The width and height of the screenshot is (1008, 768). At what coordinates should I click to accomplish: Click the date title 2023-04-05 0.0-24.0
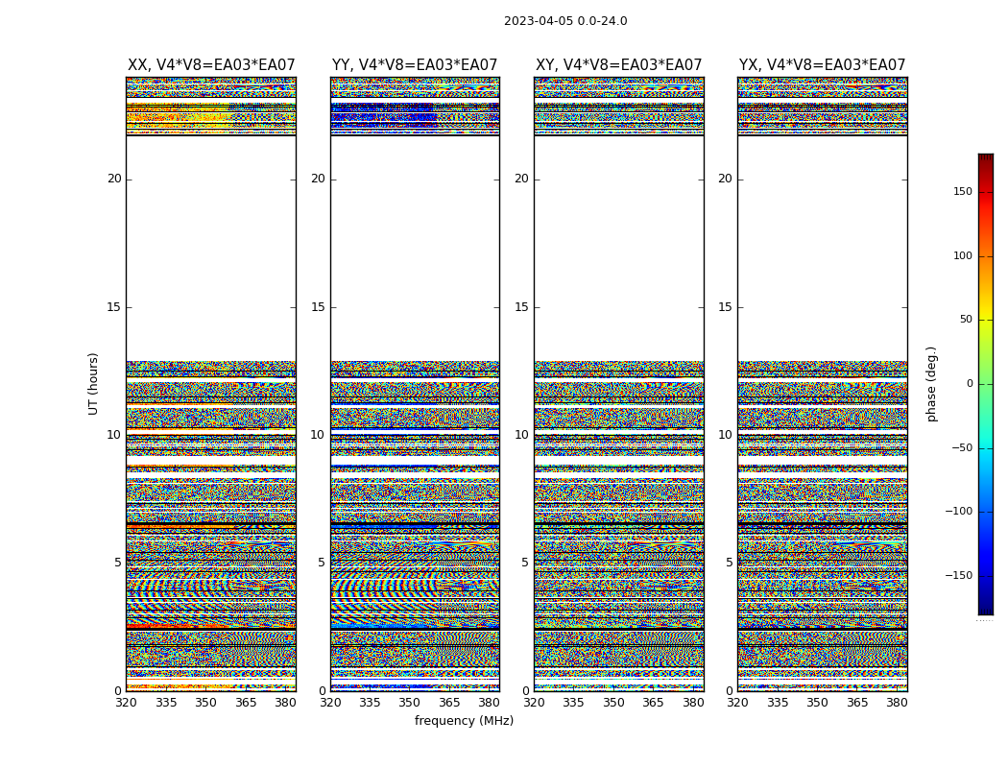[x=565, y=21]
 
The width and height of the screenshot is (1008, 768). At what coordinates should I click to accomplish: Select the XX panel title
[x=211, y=65]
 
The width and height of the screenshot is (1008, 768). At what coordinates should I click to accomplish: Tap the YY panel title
[x=415, y=65]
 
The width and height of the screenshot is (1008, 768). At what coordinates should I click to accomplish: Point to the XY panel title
[x=619, y=65]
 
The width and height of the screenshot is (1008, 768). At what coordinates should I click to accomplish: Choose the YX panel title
[x=822, y=65]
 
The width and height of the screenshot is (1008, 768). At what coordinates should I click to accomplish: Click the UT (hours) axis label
[x=94, y=383]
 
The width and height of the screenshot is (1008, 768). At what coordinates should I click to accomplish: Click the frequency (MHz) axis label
[x=464, y=721]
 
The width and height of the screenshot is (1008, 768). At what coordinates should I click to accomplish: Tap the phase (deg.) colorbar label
[x=931, y=384]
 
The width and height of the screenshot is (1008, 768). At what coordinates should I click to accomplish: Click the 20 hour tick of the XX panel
[x=114, y=179]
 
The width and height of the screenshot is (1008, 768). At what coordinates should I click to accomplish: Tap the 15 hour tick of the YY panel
[x=318, y=307]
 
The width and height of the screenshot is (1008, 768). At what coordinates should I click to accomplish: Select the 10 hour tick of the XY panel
[x=521, y=435]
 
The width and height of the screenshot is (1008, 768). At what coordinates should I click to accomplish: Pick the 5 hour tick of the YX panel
[x=729, y=563]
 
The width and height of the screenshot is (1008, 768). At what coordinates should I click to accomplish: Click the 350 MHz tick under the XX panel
[x=206, y=703]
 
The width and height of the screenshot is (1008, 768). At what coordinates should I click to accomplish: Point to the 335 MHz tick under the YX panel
[x=778, y=703]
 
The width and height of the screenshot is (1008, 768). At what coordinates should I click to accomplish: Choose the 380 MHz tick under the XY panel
[x=693, y=703]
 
